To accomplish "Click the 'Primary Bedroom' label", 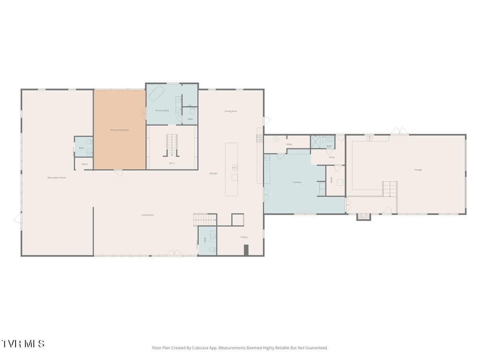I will click(x=120, y=130).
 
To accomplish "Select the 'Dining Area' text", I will click(x=230, y=111).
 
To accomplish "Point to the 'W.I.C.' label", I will click(x=172, y=163).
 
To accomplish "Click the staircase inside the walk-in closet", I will click(x=172, y=145).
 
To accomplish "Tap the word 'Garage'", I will click(x=418, y=170).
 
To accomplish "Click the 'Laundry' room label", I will click(x=297, y=182).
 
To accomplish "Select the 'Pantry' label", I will click(x=244, y=237).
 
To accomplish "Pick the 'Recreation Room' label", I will click(x=57, y=178).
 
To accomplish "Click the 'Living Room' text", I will click(x=148, y=215).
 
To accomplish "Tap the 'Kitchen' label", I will click(x=214, y=173).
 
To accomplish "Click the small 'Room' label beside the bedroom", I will click(x=85, y=164).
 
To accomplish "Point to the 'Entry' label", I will click(x=332, y=157).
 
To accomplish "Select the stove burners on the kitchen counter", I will click(x=260, y=138).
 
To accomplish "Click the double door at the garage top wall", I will click(x=400, y=131).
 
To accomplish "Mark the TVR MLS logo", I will click(x=23, y=344).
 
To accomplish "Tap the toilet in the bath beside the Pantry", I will click(x=213, y=250).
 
